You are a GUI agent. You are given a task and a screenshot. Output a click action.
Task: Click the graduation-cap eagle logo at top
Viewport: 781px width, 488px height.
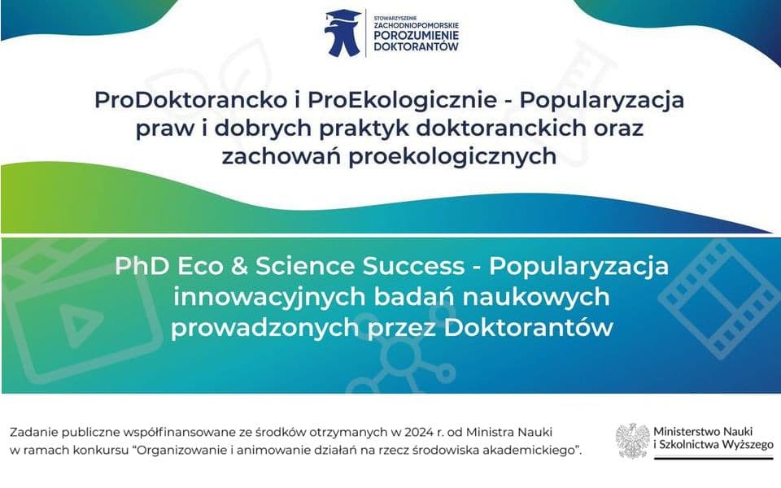tap(343, 33)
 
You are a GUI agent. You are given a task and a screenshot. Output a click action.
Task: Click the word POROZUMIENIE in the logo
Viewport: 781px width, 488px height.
tap(416, 36)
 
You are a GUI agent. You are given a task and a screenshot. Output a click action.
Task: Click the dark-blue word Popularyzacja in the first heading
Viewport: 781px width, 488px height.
tap(601, 101)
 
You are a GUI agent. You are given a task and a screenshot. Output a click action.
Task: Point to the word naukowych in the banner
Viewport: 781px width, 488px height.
tap(544, 297)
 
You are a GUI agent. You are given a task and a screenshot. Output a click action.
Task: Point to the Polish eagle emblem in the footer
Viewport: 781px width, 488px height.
tap(632, 440)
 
